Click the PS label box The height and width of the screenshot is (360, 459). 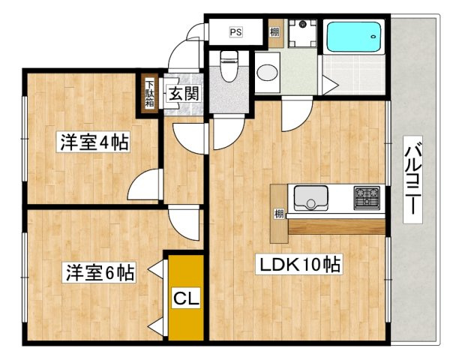click(235, 31)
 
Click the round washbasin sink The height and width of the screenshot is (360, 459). click(266, 73)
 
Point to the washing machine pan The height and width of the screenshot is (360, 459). click(304, 33)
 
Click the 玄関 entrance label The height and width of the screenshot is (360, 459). click(182, 94)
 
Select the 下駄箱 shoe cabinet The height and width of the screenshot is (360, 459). click(150, 93)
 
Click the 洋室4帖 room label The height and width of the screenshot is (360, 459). click(93, 142)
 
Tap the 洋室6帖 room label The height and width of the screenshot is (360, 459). click(98, 271)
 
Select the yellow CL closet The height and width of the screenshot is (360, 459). click(185, 298)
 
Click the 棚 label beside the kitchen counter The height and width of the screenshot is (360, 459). click(279, 213)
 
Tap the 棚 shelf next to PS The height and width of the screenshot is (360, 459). click(275, 32)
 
